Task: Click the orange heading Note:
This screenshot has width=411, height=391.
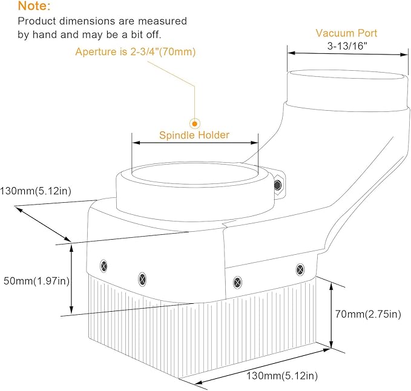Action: tap(34, 6)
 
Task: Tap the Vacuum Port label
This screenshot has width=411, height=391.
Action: tap(346, 33)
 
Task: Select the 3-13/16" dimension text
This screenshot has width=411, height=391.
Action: tap(347, 46)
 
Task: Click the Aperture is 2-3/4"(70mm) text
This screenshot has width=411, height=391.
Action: tap(136, 51)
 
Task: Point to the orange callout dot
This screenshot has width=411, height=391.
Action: tap(195, 123)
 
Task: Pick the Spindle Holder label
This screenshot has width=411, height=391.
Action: tap(194, 135)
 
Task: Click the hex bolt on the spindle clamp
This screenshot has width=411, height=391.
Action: tap(278, 185)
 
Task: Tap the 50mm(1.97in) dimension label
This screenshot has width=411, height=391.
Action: tap(36, 281)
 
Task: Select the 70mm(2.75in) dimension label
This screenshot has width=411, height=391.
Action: tap(368, 314)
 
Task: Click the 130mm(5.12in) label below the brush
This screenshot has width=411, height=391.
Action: tap(282, 376)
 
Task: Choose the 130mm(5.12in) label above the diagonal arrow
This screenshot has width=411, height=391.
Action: tap(36, 191)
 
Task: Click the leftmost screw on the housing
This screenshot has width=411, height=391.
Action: tap(104, 266)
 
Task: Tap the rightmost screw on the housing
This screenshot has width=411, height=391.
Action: tap(300, 269)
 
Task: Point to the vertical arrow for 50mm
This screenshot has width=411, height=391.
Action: tap(71, 278)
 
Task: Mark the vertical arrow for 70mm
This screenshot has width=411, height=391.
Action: tap(331, 315)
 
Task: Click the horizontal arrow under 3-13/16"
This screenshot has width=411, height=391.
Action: tap(348, 54)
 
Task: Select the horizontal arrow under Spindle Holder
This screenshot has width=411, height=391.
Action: tap(195, 143)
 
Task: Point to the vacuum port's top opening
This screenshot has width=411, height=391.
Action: tap(347, 74)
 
